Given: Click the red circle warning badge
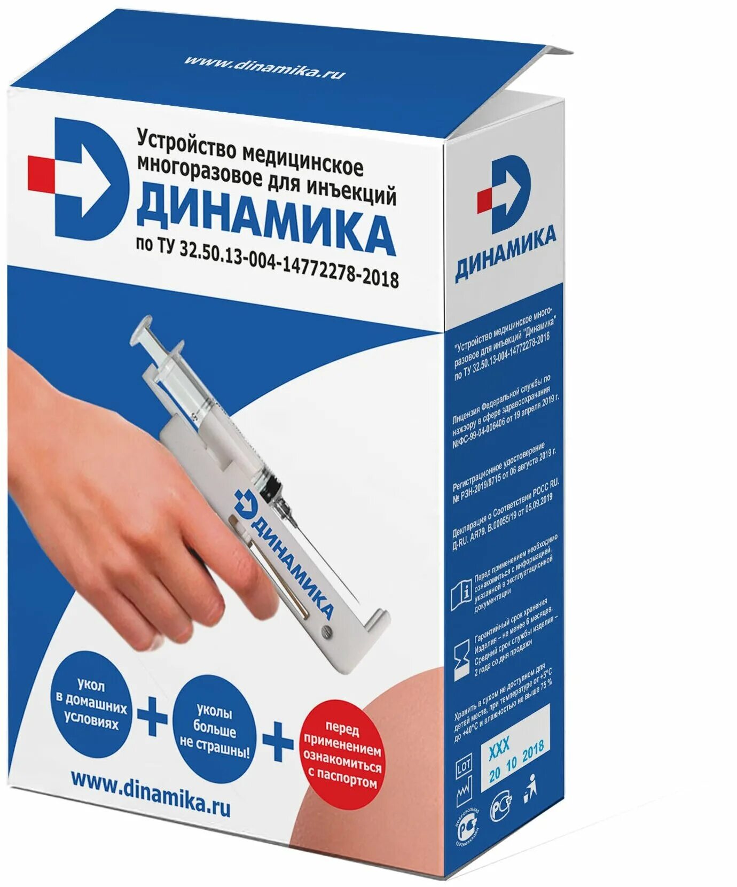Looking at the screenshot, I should [x=342, y=753].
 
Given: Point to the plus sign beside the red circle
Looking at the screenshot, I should [x=278, y=742].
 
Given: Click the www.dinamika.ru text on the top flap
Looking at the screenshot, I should [x=264, y=66].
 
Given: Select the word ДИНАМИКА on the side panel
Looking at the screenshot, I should [x=505, y=251].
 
